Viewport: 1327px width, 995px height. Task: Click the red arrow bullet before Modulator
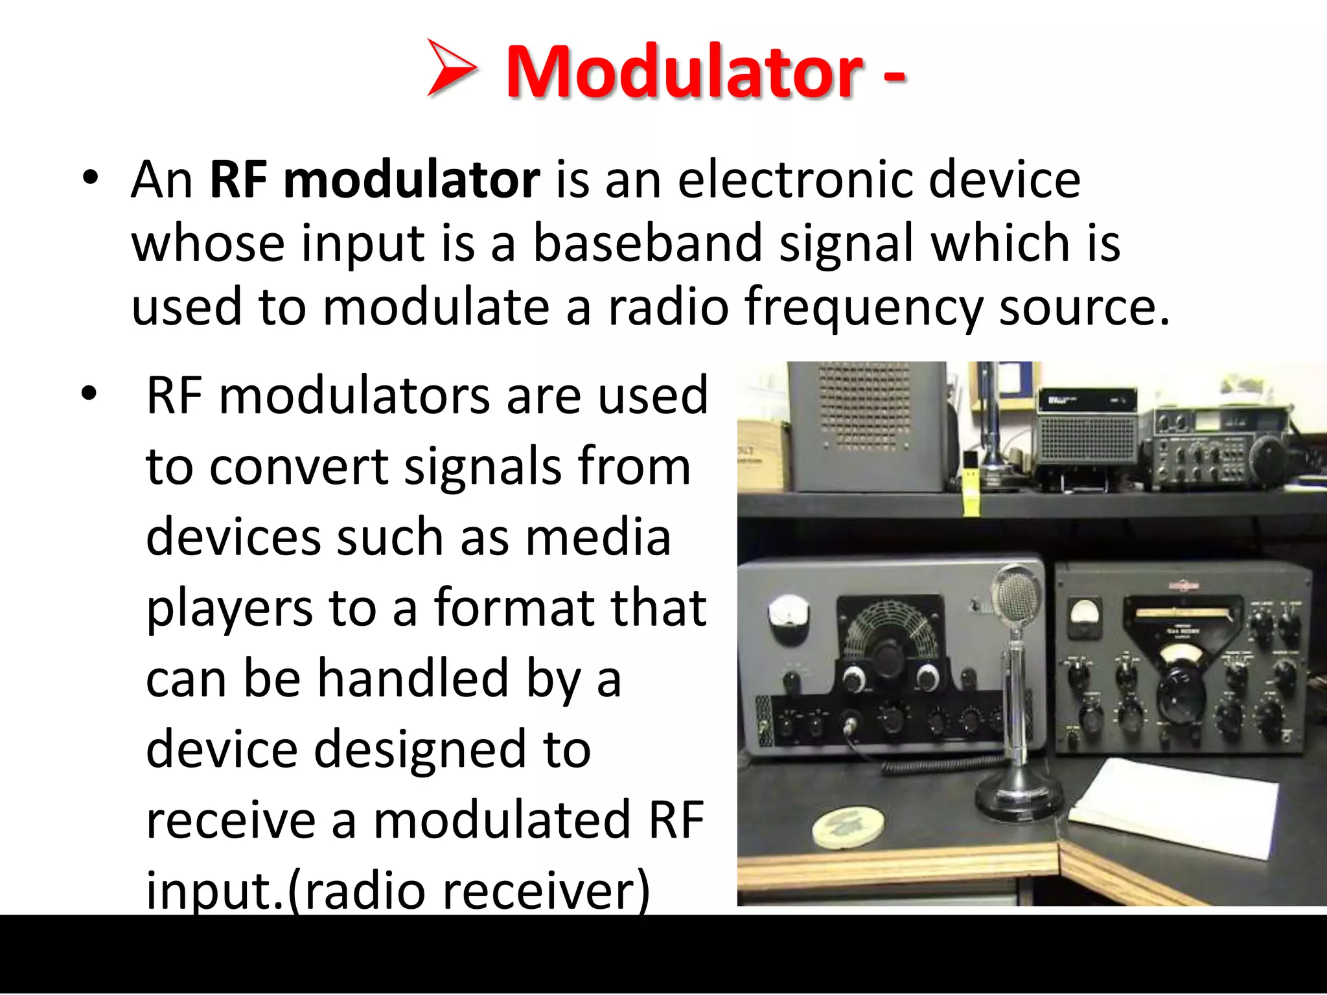(x=452, y=68)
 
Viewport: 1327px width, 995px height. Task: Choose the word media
(x=597, y=538)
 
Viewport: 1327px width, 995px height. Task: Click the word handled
(x=413, y=679)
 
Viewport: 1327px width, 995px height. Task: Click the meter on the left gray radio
(x=789, y=612)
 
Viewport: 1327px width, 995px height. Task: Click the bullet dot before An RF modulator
(x=90, y=178)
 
